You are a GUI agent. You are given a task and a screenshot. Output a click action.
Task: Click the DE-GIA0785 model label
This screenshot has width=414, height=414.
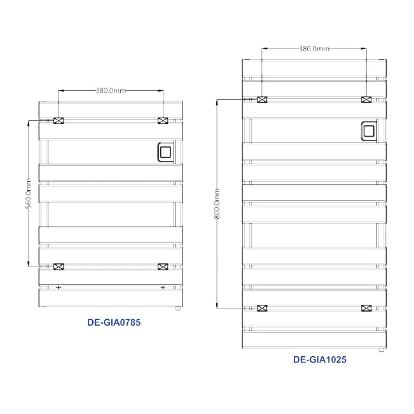(114, 322)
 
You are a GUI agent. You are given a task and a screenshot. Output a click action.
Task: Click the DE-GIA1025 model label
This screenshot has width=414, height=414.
(320, 359)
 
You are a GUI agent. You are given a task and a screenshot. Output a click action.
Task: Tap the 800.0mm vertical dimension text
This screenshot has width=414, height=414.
(217, 204)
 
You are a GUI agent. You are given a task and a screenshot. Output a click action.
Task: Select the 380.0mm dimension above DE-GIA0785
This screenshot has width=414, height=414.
(111, 91)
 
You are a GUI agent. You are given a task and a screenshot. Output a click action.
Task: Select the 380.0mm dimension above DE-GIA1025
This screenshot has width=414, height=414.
(314, 48)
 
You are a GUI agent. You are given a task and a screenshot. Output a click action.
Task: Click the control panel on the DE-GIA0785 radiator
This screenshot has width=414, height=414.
(165, 153)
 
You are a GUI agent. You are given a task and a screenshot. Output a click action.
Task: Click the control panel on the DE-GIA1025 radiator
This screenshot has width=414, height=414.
(369, 132)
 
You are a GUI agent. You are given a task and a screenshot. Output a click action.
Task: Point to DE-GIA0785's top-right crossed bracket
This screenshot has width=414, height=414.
(163, 121)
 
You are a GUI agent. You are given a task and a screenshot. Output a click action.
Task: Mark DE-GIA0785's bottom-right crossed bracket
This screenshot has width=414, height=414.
(163, 266)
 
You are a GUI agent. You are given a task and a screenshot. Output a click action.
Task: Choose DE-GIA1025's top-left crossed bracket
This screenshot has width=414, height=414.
(261, 100)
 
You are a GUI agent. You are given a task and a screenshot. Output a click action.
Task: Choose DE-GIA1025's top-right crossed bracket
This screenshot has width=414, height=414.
(366, 100)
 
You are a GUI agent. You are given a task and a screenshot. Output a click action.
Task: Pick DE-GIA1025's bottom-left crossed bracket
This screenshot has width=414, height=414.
(261, 308)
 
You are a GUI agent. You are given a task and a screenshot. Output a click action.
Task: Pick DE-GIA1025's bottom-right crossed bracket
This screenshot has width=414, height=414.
(366, 308)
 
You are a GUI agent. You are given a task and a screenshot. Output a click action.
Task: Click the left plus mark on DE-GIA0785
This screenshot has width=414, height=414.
(59, 288)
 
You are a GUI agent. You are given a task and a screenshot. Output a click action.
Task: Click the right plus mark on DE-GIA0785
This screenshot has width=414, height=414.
(163, 288)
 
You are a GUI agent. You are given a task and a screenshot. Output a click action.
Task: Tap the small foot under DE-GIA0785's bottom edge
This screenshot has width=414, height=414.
(177, 309)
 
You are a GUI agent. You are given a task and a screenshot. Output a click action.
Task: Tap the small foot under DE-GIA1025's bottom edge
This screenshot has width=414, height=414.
(380, 349)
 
